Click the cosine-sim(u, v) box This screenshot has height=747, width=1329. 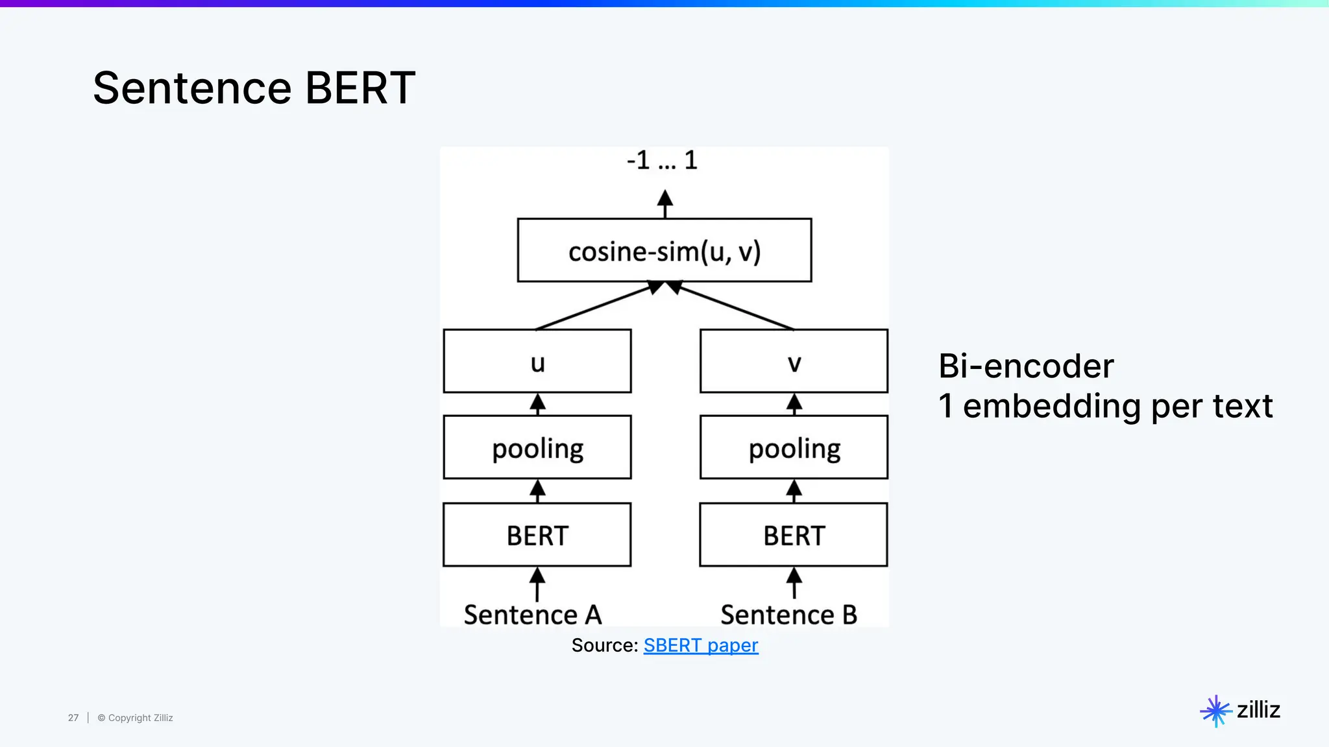click(x=664, y=250)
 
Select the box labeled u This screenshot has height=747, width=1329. click(x=537, y=361)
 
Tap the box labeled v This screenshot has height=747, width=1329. click(x=794, y=361)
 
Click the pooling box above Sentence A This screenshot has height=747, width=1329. click(x=537, y=447)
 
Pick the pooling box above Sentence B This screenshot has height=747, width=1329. click(x=794, y=447)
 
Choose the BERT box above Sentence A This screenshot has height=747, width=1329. click(x=537, y=535)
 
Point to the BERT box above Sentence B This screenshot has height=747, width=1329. click(x=794, y=535)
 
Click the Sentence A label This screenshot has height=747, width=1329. click(x=533, y=615)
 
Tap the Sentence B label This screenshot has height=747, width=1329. click(x=788, y=615)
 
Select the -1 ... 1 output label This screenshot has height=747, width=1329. click(x=662, y=160)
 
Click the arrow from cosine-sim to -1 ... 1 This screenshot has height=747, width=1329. click(x=664, y=204)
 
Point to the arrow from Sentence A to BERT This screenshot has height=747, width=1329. click(x=537, y=584)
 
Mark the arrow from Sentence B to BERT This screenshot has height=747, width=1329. click(x=794, y=584)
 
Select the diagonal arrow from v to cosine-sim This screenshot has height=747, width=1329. click(x=733, y=306)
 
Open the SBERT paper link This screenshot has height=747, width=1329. click(x=701, y=646)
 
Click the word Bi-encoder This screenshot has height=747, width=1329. click(x=1026, y=366)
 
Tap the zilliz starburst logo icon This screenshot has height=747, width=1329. click(x=1215, y=711)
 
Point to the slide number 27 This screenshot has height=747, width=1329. click(x=73, y=718)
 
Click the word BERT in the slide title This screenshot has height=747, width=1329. click(x=360, y=88)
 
